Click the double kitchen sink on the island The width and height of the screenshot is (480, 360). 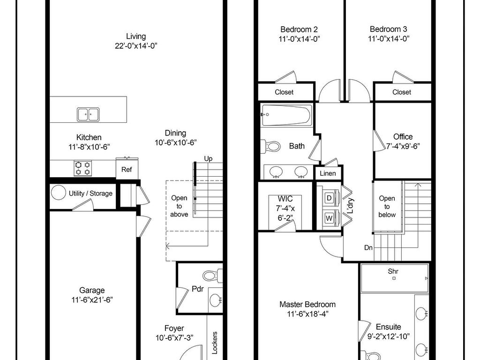click(88, 114)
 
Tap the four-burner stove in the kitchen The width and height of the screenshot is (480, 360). click(83, 168)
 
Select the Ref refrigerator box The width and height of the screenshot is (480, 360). click(127, 169)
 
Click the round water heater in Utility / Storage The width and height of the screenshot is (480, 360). click(58, 193)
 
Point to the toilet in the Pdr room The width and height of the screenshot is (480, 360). click(213, 275)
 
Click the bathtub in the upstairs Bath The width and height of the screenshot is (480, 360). click(286, 115)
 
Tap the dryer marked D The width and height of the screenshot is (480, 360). click(329, 198)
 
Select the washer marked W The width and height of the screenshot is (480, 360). click(329, 218)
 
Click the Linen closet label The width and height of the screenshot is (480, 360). click(328, 173)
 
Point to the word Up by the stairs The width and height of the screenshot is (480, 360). click(208, 158)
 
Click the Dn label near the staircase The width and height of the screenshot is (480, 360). click(368, 247)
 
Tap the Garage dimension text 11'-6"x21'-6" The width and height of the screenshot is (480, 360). click(92, 300)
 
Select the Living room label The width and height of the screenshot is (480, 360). click(136, 36)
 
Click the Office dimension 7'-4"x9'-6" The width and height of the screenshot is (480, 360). click(403, 146)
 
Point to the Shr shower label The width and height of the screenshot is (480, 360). click(393, 271)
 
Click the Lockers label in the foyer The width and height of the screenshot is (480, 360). click(215, 343)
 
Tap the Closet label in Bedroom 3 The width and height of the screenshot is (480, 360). click(402, 92)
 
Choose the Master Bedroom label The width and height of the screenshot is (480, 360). click(307, 304)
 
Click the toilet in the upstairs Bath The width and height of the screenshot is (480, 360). click(270, 146)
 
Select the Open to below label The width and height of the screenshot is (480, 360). click(387, 206)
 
